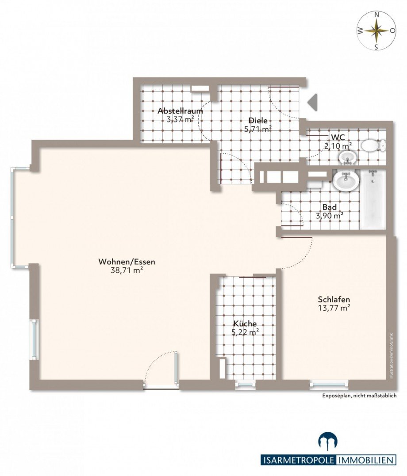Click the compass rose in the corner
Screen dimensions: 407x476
(x=376, y=30)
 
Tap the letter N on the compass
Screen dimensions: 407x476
(x=376, y=14)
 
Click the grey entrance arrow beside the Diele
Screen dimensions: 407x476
(x=313, y=102)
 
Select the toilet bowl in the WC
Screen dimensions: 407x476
(x=373, y=146)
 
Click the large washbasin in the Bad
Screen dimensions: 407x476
(x=346, y=180)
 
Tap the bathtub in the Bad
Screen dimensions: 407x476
(x=372, y=199)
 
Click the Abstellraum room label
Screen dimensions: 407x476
(x=180, y=111)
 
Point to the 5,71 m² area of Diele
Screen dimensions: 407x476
(x=258, y=129)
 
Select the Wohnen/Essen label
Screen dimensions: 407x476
(x=127, y=262)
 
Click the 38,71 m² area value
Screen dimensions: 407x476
(x=127, y=270)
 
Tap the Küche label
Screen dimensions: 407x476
(x=245, y=324)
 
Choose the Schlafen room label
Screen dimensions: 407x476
(x=334, y=299)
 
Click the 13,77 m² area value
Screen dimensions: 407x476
(x=334, y=308)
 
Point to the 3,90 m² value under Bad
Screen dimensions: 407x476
(x=330, y=216)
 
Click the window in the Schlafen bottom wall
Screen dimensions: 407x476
(x=329, y=385)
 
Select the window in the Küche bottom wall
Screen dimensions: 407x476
(x=246, y=385)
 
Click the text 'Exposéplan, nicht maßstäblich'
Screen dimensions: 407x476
(x=359, y=396)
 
